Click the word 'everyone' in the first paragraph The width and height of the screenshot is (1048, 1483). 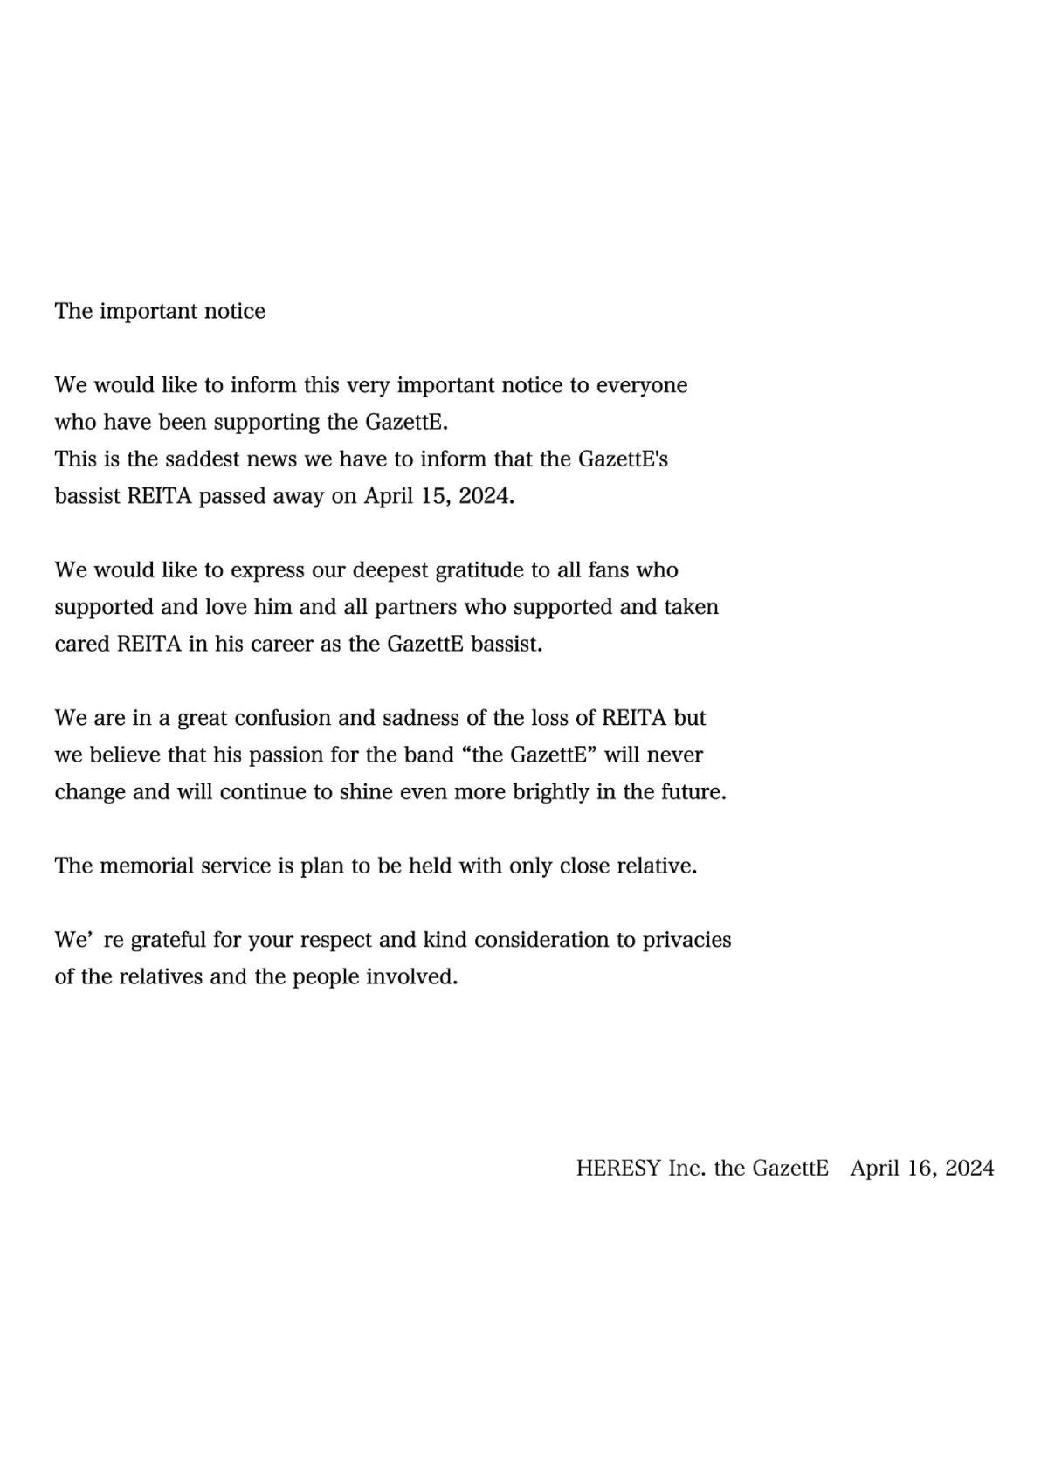point(642,386)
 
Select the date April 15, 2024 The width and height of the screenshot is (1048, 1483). point(438,497)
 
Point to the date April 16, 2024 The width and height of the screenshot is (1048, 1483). point(922,1169)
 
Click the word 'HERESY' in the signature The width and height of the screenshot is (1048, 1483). point(617,1169)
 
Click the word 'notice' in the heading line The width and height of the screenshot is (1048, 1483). point(235,312)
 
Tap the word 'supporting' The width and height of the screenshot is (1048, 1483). point(267,424)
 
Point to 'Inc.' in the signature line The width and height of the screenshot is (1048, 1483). point(686,1169)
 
